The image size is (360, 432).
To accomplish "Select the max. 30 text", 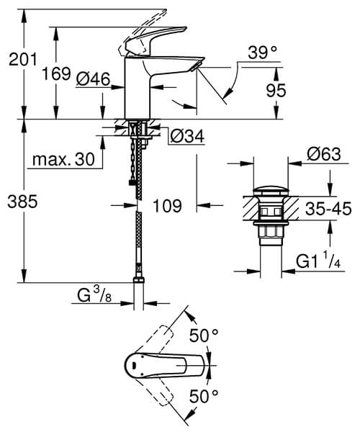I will [x=63, y=161].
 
